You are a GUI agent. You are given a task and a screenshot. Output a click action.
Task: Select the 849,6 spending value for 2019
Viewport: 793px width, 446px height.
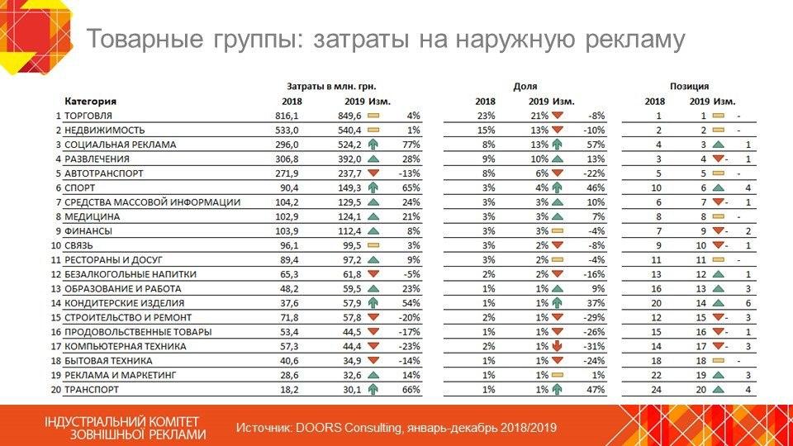351,116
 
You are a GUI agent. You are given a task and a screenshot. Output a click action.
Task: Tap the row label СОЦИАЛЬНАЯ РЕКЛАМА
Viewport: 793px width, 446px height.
120,145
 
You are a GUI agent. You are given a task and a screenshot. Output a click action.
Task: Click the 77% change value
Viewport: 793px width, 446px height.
411,145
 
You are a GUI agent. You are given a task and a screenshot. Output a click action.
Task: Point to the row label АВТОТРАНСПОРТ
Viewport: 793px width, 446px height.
103,173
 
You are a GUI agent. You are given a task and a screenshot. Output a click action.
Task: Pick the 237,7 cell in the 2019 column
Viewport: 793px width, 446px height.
351,173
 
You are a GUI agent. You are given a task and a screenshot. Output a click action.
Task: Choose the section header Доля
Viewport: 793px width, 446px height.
525,87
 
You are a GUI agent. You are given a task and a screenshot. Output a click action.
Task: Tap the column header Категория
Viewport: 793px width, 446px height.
90,102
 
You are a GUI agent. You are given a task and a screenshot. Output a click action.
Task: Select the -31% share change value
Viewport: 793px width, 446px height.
593,345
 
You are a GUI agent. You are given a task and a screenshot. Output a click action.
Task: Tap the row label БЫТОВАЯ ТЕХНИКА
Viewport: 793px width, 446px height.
108,360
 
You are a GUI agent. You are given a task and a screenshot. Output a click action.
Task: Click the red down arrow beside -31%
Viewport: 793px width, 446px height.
558,345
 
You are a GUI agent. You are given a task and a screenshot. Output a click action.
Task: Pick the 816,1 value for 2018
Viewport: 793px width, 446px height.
287,116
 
